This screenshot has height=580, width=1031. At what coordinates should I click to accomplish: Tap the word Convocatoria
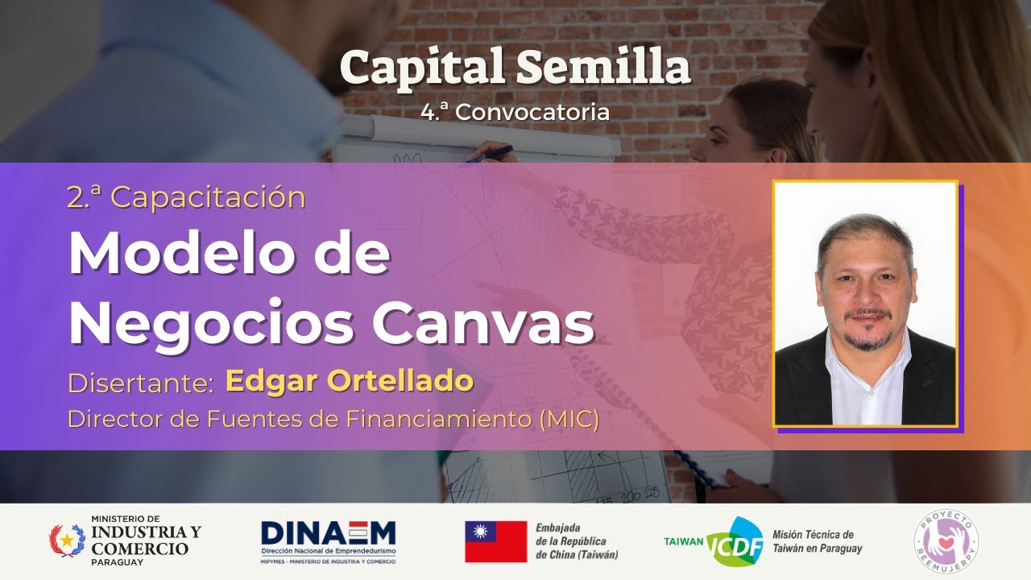(x=532, y=112)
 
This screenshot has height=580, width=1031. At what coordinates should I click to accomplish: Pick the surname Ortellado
(x=411, y=382)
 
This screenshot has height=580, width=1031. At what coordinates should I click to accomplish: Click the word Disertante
(x=139, y=383)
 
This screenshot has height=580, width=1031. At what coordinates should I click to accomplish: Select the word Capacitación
(x=208, y=197)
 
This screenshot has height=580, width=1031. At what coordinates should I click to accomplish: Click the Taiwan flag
(x=495, y=541)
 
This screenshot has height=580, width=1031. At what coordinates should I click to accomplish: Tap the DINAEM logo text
(x=328, y=533)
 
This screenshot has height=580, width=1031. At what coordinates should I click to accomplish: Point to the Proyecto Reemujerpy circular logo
(x=946, y=541)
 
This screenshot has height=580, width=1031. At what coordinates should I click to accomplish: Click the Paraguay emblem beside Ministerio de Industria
(x=66, y=541)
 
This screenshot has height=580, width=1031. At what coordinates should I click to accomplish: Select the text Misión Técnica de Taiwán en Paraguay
(x=817, y=541)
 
